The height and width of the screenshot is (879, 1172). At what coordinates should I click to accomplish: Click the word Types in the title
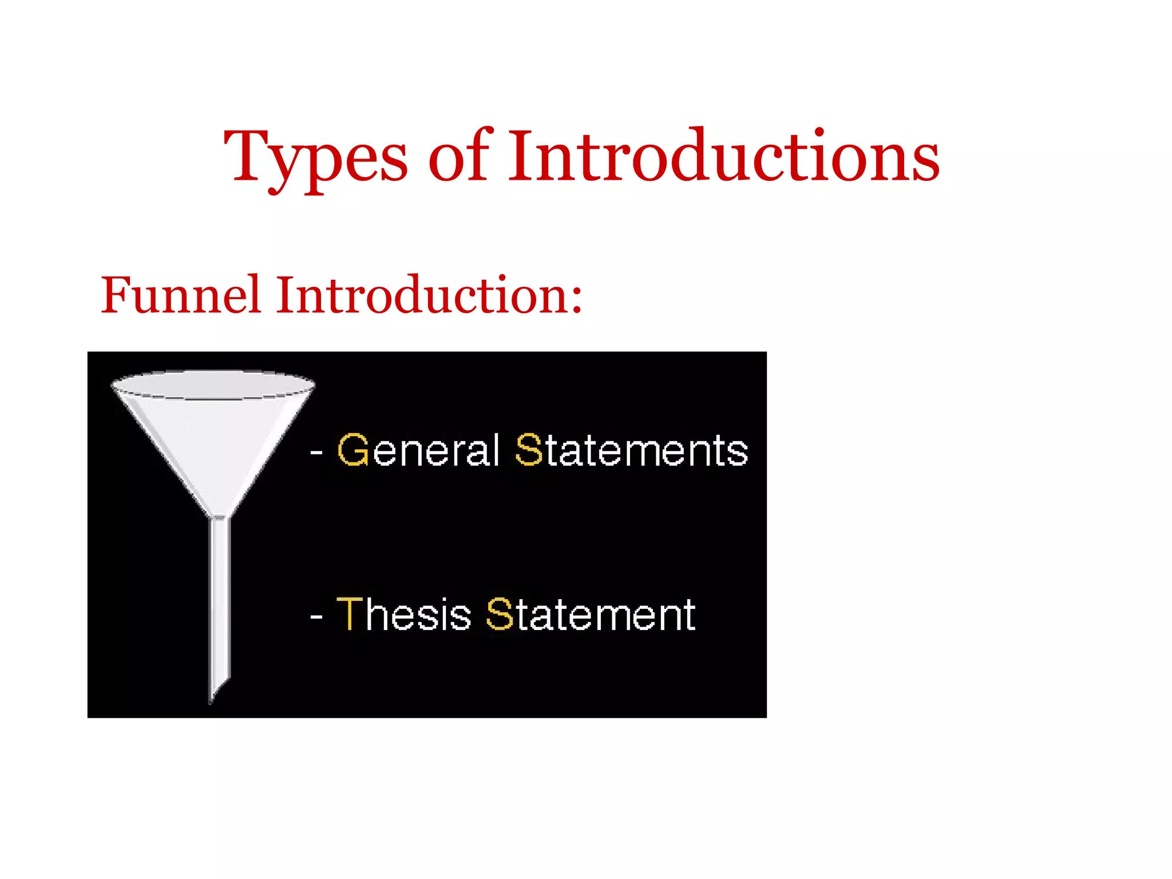point(315,157)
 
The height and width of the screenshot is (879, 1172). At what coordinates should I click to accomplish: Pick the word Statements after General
point(632,450)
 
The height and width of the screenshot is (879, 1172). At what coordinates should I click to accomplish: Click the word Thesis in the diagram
point(404,615)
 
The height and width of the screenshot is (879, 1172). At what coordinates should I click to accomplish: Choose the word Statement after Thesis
point(591,615)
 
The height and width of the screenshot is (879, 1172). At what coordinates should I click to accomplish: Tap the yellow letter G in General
point(353,450)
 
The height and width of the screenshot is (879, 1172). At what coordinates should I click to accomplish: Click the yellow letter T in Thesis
point(350,614)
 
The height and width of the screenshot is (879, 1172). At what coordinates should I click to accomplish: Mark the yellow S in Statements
point(528,450)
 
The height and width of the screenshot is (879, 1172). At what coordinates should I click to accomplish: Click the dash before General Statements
point(316,453)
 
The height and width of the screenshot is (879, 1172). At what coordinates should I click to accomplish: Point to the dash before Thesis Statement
point(316,617)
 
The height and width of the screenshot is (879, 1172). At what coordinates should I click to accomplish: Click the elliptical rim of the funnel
point(213,384)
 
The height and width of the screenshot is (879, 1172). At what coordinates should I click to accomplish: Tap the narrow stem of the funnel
point(220,595)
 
